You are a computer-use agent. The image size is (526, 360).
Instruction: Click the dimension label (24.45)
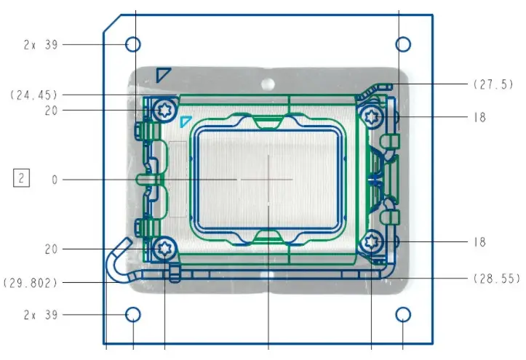[33, 95]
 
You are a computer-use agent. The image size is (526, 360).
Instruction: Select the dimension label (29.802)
[30, 283]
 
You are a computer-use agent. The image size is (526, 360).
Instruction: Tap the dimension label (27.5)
[493, 84]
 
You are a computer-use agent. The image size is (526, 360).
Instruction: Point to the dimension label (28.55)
[497, 279]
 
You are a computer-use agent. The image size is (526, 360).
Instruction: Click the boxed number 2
[22, 177]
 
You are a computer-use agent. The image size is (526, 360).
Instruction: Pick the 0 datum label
[55, 180]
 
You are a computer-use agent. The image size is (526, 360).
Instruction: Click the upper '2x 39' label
[41, 44]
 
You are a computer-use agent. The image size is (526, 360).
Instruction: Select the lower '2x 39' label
[41, 315]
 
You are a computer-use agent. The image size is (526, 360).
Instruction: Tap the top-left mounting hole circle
[133, 44]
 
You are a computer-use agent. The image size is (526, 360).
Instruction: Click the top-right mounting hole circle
[403, 44]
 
